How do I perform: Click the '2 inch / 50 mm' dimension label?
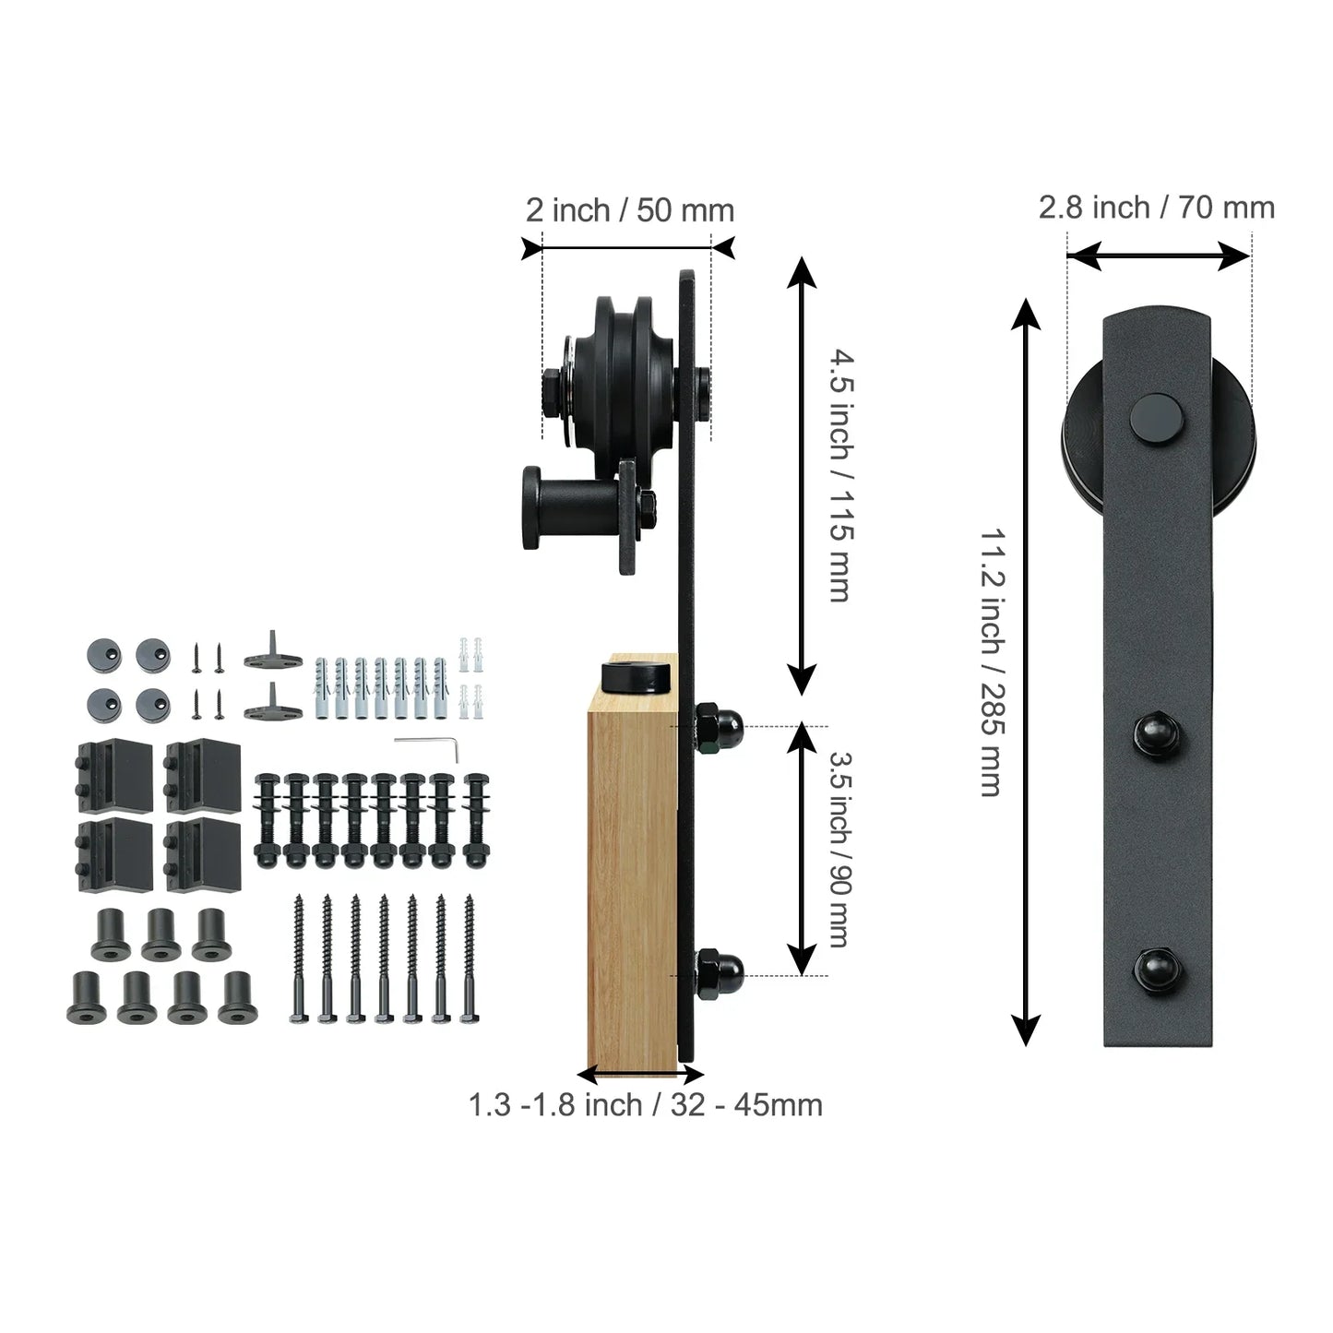click(630, 210)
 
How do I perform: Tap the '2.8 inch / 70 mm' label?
click(1157, 208)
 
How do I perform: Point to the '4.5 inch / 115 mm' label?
click(839, 474)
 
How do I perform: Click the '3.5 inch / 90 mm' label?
click(839, 848)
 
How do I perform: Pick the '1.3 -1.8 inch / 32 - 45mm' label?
click(645, 1104)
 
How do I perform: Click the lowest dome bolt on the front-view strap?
click(1157, 968)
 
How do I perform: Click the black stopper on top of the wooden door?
click(637, 675)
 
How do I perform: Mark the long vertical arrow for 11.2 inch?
click(1026, 672)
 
